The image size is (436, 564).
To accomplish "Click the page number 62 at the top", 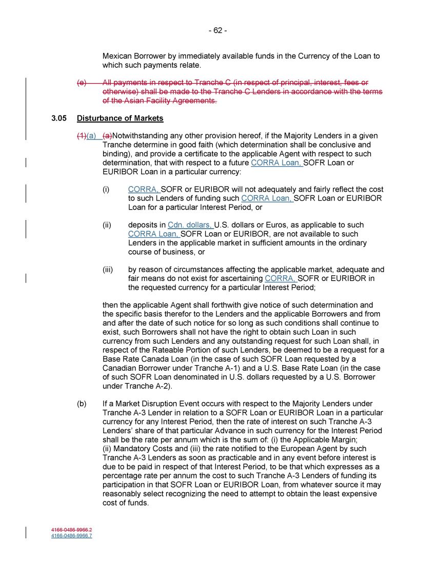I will click(217, 30).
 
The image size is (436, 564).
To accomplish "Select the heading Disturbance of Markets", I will click(120, 118).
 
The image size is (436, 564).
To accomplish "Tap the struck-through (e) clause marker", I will click(82, 83).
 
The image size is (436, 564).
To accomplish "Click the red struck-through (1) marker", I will click(81, 136).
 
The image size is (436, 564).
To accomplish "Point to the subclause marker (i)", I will click(106, 189).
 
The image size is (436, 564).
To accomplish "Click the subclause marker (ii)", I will click(107, 225).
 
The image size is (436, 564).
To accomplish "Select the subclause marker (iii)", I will click(108, 270).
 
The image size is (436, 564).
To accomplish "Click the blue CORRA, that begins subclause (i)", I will click(144, 189).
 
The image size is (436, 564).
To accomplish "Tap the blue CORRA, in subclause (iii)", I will click(281, 279).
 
